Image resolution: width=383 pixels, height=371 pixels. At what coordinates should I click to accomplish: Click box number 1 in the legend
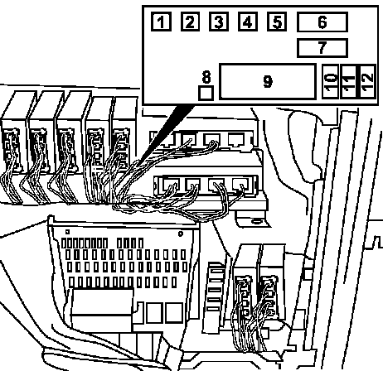[x=161, y=22]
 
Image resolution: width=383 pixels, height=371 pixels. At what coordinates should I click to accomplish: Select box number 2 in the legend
[x=190, y=22]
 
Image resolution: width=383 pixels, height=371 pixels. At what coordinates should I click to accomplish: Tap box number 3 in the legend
[x=219, y=22]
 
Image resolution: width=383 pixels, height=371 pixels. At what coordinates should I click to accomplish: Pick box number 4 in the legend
[x=248, y=22]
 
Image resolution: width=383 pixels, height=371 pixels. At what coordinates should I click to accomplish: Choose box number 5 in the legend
[x=277, y=22]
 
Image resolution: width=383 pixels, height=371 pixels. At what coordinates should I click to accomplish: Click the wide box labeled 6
[x=322, y=22]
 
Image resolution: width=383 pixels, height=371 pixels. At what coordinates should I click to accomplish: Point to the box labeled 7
[x=322, y=48]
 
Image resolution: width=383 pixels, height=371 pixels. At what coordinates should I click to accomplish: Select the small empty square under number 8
[x=206, y=93]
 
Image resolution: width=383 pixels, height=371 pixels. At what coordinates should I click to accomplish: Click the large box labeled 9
[x=268, y=81]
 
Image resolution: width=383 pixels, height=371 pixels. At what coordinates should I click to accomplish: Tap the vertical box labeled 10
[x=331, y=82]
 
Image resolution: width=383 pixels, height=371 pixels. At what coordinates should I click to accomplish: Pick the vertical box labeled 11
[x=348, y=82]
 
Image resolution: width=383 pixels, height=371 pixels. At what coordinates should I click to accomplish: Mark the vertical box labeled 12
[x=366, y=82]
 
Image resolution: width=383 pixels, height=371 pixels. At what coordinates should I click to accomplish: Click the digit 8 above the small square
[x=206, y=77]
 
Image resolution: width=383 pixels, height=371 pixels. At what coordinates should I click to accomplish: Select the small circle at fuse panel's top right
[x=181, y=234]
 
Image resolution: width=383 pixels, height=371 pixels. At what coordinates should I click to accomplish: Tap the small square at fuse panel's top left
[x=67, y=232]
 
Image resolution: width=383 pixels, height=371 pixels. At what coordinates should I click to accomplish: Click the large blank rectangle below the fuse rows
[x=101, y=310]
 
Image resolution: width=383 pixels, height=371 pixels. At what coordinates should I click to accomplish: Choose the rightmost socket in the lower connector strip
[x=240, y=184]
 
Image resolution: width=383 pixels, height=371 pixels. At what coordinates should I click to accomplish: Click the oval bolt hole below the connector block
[x=256, y=222]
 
